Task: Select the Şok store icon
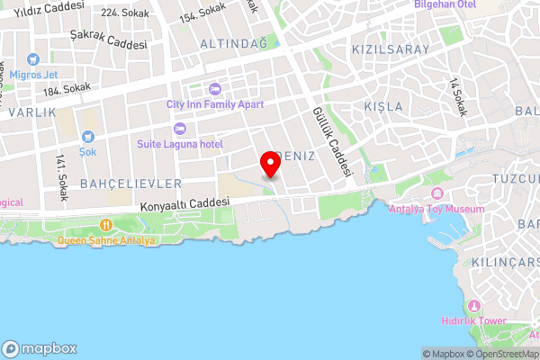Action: [88, 137]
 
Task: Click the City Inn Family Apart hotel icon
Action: [215, 88]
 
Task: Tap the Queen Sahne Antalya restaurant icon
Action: [106, 225]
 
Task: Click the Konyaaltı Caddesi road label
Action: [180, 205]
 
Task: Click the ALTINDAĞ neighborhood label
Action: [233, 43]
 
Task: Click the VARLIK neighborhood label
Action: [32, 112]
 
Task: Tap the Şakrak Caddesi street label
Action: [107, 43]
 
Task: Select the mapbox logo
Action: [40, 348]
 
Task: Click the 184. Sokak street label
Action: [67, 88]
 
